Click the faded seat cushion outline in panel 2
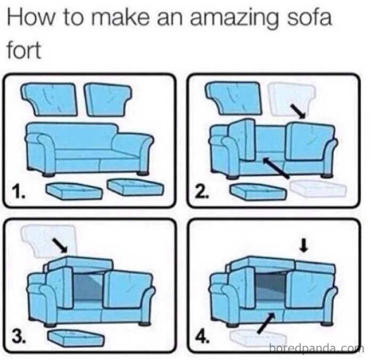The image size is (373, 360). click(318, 188)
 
